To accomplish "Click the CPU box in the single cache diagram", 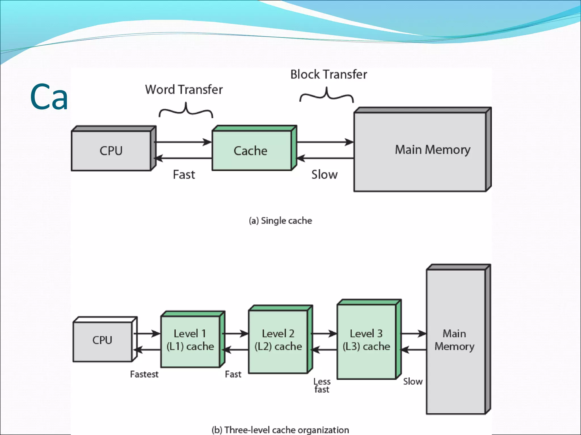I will pos(111,150).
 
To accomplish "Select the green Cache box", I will pos(251,150).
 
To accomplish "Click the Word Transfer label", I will pos(184,89).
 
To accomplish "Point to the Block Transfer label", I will pos(329,74).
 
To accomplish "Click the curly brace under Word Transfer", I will pos(186,111).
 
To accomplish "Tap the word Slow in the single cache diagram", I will pos(325,174).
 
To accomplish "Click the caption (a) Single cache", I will pos(280,221).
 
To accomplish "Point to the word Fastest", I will pos(144,374).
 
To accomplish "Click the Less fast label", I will pos(322,385).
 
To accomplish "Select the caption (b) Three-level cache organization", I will pos(280,430).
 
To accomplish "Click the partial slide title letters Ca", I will pos(49,97).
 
